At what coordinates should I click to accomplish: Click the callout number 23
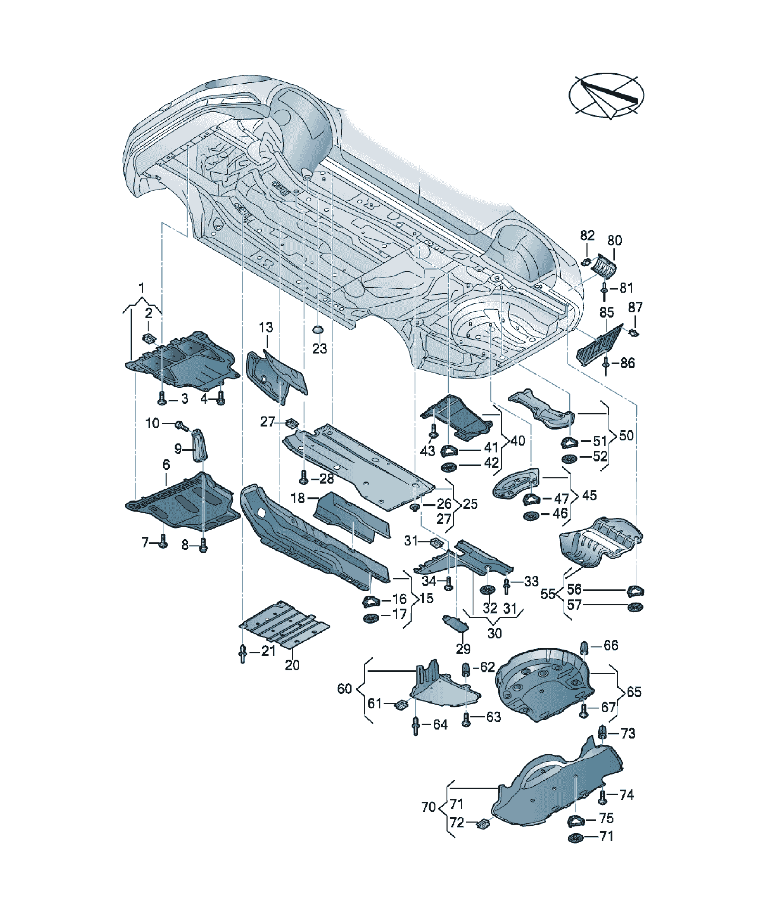point(319,348)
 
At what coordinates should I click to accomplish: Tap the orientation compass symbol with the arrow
point(606,95)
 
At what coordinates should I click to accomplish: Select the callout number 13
point(266,327)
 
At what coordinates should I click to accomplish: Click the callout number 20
point(292,665)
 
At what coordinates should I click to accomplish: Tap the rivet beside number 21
point(243,653)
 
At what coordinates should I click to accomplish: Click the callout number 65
point(634,692)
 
